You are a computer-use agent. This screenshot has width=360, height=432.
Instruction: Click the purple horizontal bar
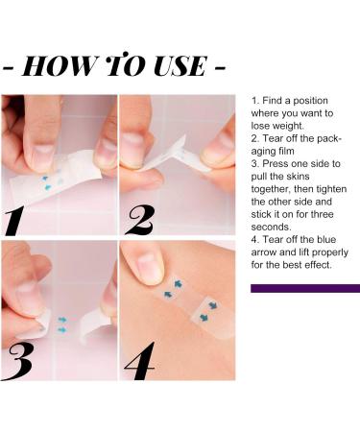[304, 288]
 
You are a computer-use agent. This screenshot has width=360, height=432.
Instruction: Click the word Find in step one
[274, 100]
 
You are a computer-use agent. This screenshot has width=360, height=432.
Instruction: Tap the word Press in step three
[277, 163]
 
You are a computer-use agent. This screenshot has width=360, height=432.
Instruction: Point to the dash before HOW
[10, 69]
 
